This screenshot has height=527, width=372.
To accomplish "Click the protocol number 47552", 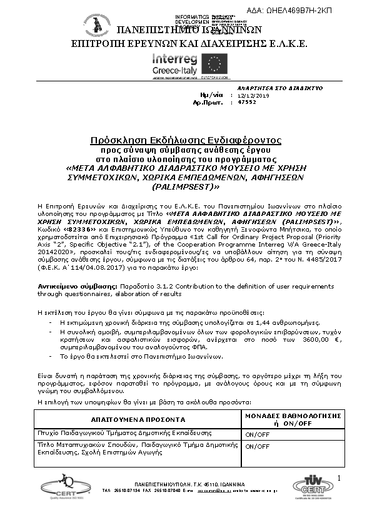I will [248, 102].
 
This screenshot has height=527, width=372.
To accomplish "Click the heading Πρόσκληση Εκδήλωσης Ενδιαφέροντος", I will [186, 140].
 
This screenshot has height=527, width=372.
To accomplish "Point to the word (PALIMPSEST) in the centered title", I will [186, 187].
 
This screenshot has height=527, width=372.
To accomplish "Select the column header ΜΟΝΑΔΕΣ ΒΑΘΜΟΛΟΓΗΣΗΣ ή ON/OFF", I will [291, 419].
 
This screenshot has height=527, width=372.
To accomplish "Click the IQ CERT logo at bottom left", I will [58, 485].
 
